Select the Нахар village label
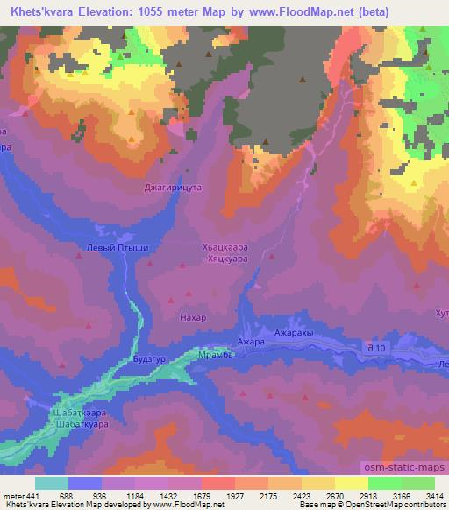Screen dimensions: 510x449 [x=192, y=317]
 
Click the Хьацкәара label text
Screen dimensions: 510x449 [x=228, y=248]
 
